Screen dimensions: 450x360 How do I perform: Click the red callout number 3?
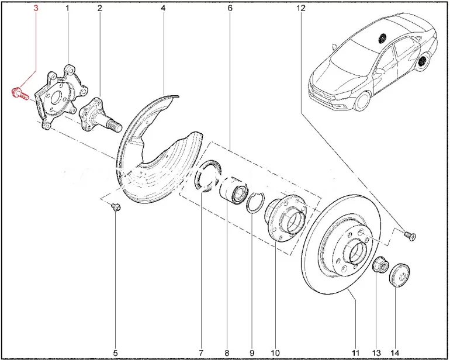point(36,8)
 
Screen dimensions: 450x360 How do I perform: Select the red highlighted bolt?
point(19,92)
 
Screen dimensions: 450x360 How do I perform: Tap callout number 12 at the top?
point(301,8)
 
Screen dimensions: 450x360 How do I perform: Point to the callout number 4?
point(163,8)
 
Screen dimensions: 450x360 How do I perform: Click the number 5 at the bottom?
point(115,353)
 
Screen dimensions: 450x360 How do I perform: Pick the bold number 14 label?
point(394,353)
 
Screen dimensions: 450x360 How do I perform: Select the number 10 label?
point(275,353)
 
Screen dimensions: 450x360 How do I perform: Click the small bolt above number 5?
point(116,207)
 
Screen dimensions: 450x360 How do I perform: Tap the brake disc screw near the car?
point(410,236)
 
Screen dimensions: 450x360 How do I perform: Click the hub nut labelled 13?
point(380,264)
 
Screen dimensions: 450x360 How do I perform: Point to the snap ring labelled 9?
point(254,203)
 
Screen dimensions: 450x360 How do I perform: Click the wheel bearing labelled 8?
point(234,191)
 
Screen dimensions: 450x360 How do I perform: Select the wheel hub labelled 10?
point(286,217)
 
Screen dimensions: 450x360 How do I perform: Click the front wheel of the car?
point(362,102)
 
